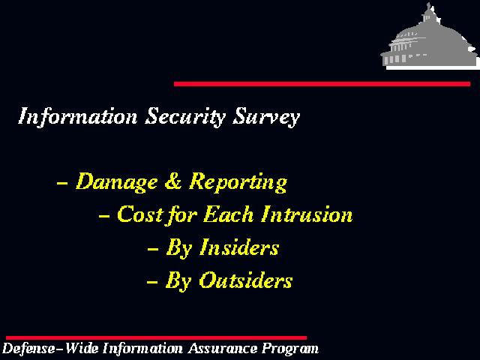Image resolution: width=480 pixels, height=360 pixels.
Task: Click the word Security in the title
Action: point(185,116)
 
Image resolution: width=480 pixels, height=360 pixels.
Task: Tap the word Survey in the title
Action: point(266,116)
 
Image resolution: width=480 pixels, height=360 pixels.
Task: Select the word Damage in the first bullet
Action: point(117,181)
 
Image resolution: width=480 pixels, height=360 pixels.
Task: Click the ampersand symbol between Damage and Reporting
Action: point(173,181)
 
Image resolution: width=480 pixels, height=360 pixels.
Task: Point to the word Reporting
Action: point(238,181)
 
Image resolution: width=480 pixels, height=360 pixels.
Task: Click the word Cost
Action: point(139,214)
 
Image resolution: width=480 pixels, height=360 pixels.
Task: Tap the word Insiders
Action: point(239,247)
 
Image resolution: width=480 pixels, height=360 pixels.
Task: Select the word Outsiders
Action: point(246,280)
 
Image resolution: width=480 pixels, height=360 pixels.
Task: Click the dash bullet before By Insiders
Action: point(153,249)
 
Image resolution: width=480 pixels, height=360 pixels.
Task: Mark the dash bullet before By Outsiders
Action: point(152,282)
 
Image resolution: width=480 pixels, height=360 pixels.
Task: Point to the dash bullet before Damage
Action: point(62,183)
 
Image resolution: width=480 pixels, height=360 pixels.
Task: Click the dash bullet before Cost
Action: point(104,216)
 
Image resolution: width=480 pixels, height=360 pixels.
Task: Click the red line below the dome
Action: point(322,84)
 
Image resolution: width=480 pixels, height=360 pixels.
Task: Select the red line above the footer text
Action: point(157,338)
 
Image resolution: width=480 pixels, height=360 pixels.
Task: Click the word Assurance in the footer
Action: point(223,348)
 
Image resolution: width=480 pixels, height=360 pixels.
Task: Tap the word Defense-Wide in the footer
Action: point(50,348)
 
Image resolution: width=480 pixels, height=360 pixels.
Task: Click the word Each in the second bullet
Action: point(228,214)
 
